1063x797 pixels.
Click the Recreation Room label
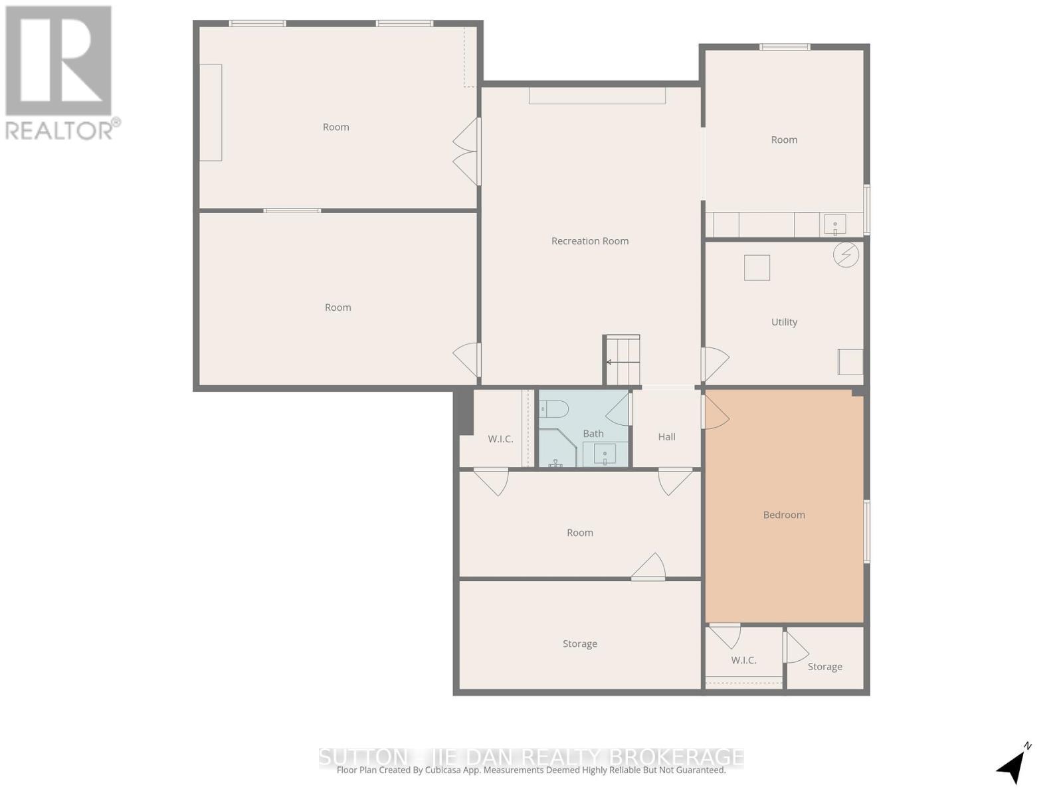pyautogui.click(x=589, y=241)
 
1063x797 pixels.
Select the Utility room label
pyautogui.click(x=784, y=322)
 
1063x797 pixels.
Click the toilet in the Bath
pyautogui.click(x=553, y=408)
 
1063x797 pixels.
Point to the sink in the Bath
pyautogui.click(x=605, y=456)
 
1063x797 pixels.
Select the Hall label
pyautogui.click(x=666, y=437)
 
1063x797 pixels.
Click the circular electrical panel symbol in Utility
pyautogui.click(x=846, y=254)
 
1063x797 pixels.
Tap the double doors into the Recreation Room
pyautogui.click(x=468, y=151)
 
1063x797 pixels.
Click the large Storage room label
pyautogui.click(x=579, y=644)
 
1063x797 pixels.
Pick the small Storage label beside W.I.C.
pyautogui.click(x=824, y=667)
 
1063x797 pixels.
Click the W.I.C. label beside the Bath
pyautogui.click(x=500, y=439)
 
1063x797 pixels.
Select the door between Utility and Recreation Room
pyautogui.click(x=714, y=364)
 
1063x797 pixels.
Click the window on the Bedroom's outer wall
pyautogui.click(x=866, y=531)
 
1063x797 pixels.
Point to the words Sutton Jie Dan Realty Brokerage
pyautogui.click(x=531, y=757)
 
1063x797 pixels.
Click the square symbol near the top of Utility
pyautogui.click(x=757, y=268)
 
